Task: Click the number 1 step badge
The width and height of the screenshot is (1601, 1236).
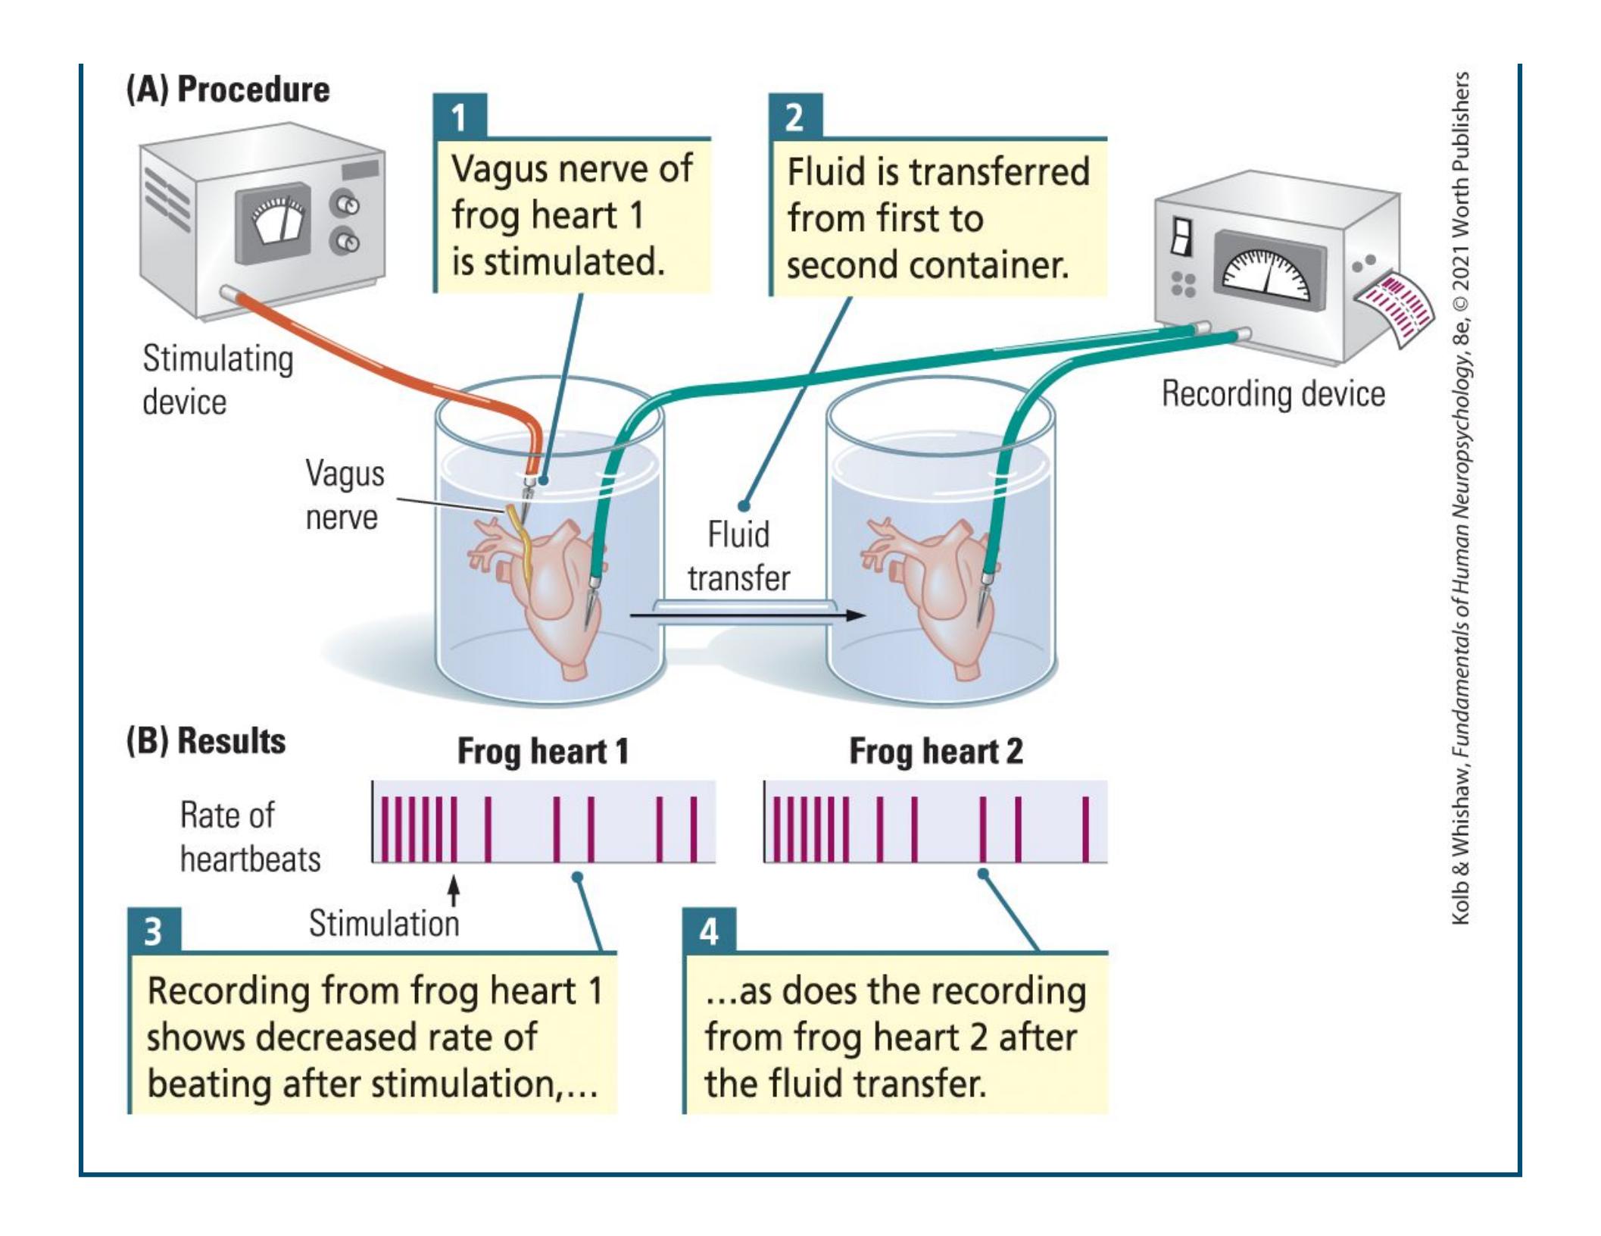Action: [x=459, y=117]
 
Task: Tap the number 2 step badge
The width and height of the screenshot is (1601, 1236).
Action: [x=794, y=117]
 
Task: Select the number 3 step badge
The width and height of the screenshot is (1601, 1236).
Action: [x=154, y=931]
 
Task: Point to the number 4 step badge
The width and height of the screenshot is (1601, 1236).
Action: [x=709, y=931]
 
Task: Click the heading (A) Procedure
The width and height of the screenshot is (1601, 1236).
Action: [x=228, y=89]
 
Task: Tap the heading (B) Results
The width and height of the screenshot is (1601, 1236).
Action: [x=206, y=741]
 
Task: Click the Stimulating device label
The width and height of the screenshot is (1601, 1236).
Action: [x=217, y=380]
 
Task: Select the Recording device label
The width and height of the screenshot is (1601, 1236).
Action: [x=1273, y=394]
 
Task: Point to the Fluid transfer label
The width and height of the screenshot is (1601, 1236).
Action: [x=738, y=556]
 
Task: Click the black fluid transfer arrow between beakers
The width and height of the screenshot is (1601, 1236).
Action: [x=747, y=615]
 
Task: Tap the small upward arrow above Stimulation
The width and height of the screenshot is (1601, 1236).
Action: [x=454, y=891]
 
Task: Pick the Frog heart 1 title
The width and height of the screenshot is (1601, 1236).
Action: [x=543, y=752]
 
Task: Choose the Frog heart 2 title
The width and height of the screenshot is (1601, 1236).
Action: [x=936, y=752]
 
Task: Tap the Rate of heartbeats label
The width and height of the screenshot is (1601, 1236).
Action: [x=250, y=837]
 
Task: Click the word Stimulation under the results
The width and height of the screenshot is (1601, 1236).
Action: [x=384, y=924]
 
